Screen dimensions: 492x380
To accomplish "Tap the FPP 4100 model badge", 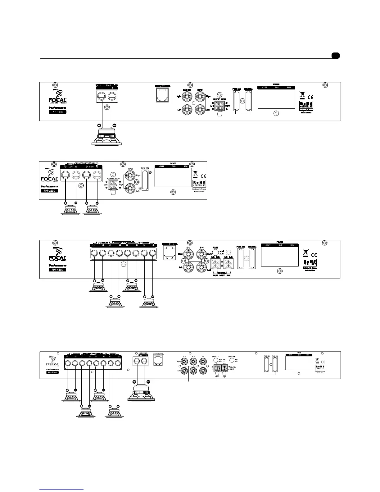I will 57,270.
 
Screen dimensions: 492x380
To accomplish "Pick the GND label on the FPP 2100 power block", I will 174,166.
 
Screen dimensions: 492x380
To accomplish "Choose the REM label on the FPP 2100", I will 186,166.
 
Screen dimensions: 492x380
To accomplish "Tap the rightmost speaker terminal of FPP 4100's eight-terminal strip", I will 152,254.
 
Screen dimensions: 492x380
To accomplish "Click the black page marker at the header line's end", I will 335,56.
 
